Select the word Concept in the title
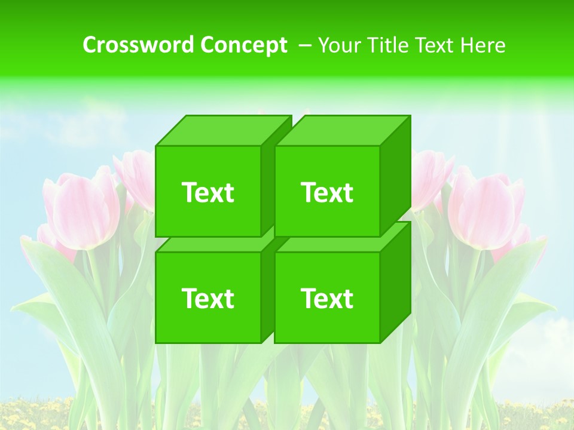point(243,45)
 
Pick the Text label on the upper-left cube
point(207,192)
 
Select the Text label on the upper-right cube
point(326,192)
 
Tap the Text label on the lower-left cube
point(207,298)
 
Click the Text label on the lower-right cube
point(326,298)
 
